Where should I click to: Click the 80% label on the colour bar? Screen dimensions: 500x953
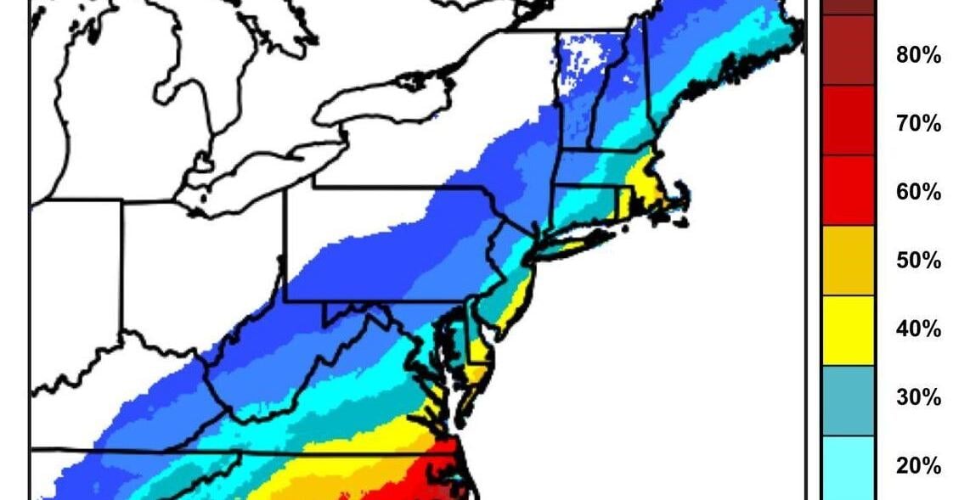click(918, 56)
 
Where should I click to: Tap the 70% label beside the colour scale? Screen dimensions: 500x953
click(918, 125)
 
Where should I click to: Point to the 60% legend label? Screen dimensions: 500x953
click(918, 193)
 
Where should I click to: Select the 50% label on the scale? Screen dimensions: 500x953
click(918, 261)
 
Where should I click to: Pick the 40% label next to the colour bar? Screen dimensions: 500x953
click(918, 329)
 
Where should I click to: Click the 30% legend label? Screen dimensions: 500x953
click(918, 398)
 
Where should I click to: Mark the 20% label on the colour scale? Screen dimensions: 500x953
click(918, 466)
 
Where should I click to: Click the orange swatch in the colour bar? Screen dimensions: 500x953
click(848, 260)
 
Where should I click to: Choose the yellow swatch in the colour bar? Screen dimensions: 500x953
click(848, 329)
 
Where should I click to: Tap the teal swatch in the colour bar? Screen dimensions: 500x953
click(848, 399)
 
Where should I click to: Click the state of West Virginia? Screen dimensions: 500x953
click(272, 374)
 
